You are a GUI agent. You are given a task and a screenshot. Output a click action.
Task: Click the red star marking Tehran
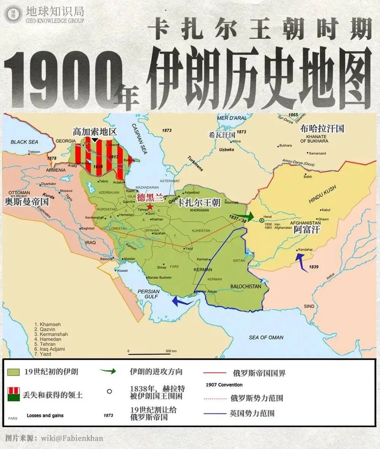click(150, 206)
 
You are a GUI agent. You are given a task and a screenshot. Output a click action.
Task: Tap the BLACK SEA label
click(24, 142)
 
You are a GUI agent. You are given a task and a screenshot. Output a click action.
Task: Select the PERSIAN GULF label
click(148, 294)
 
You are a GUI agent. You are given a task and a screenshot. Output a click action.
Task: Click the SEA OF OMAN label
click(266, 337)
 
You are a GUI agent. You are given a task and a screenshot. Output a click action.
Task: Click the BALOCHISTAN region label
click(246, 286)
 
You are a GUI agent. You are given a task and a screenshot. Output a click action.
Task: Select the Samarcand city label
click(317, 153)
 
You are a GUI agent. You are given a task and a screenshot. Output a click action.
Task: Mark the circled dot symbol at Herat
click(261, 220)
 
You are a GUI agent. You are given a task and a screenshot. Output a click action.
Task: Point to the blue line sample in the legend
click(214, 413)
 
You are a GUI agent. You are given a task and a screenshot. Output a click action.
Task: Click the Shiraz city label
click(162, 267)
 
